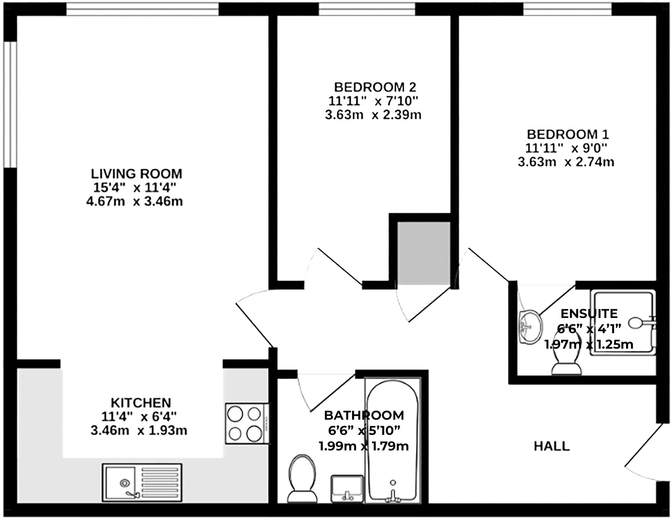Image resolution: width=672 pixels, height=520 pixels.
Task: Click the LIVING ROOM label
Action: (x=136, y=174)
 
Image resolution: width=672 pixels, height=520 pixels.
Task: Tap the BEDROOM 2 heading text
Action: (x=375, y=87)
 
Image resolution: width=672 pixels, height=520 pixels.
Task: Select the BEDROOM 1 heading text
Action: (x=567, y=134)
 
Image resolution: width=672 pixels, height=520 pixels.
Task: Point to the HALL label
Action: (x=551, y=446)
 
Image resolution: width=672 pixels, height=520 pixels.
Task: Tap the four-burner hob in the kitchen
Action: (x=244, y=424)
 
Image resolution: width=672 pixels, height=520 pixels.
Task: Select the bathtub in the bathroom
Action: (x=393, y=442)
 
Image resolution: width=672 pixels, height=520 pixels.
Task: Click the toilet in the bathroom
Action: (x=301, y=479)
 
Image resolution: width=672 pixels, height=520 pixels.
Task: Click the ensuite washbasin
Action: (x=531, y=326)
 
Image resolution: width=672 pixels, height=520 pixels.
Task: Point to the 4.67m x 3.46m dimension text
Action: (x=134, y=201)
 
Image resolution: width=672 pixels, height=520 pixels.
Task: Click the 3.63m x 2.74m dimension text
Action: (x=566, y=162)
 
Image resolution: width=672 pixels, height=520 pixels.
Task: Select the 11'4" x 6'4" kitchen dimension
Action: (x=139, y=417)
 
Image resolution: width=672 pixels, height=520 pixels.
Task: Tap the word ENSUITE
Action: (x=589, y=313)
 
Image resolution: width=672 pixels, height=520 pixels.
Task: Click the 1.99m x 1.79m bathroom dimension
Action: (x=364, y=446)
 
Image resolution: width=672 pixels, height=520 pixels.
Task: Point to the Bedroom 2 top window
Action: (x=367, y=10)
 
